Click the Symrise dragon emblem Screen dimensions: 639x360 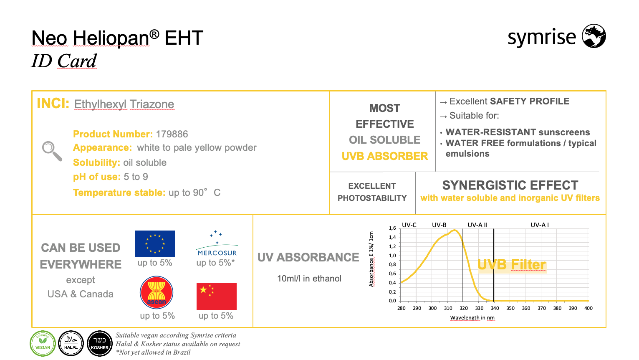[x=594, y=36]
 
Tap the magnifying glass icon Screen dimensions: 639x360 [x=52, y=151]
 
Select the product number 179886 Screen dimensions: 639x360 [x=172, y=134]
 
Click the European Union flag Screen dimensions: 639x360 [x=155, y=243]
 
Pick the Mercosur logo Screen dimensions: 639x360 [x=217, y=243]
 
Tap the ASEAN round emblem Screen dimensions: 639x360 [x=157, y=292]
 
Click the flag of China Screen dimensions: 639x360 [x=217, y=297]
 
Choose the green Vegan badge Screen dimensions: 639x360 [x=43, y=343]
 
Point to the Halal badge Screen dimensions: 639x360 [x=71, y=343]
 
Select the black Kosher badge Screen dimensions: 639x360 [x=100, y=343]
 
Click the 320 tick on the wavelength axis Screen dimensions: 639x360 [x=464, y=308]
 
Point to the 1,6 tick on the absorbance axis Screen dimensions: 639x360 [x=392, y=228]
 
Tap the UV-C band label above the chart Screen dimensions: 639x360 [x=409, y=225]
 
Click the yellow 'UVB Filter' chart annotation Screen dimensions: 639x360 [x=511, y=265]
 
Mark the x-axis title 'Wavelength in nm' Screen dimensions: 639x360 [x=472, y=318]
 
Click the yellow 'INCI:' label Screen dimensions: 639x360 [x=53, y=103]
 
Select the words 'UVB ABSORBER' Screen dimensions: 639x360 [x=385, y=156]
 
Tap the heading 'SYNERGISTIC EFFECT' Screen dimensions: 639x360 [x=510, y=185]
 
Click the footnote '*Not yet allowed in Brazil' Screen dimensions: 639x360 [x=153, y=352]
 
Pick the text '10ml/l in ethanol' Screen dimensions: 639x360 [x=309, y=278]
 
